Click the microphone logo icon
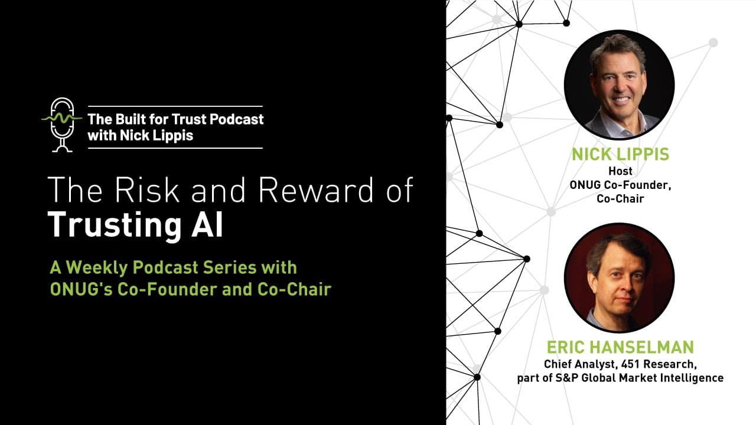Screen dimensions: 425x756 point(61,125)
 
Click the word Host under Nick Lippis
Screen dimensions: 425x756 point(620,172)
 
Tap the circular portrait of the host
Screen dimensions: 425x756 point(619,84)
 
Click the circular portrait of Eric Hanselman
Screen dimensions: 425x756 point(619,277)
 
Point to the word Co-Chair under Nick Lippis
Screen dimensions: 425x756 point(620,199)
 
